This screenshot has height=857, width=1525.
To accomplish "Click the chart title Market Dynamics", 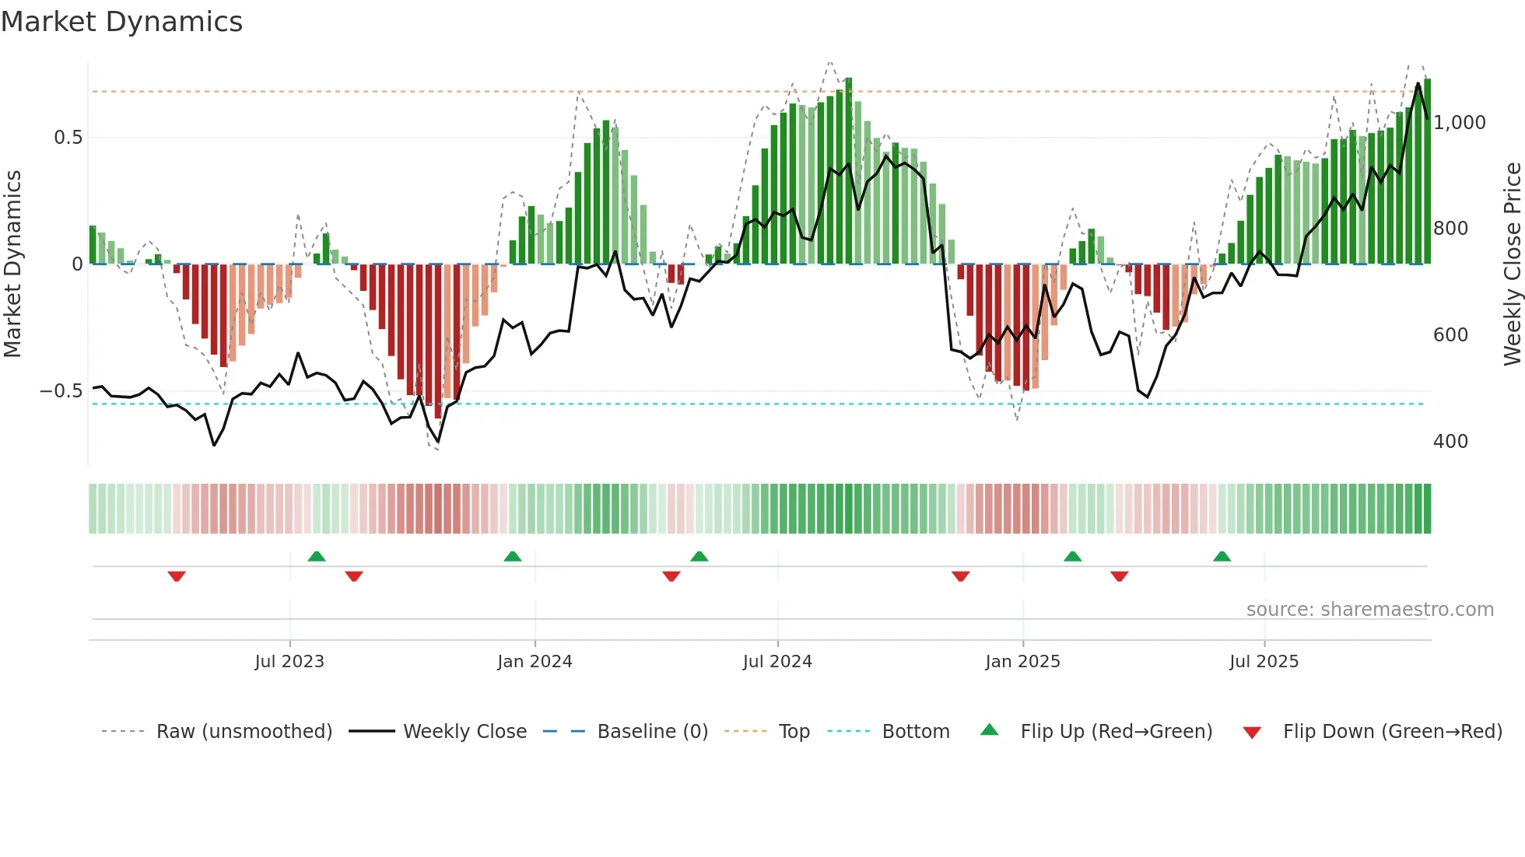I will point(122,22).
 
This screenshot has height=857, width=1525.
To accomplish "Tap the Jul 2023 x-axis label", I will point(289,662).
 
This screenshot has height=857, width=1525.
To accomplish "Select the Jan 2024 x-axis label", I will point(535,662).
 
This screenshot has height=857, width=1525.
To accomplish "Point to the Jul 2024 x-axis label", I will point(777,662).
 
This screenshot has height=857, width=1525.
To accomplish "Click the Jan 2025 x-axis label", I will point(1022,662).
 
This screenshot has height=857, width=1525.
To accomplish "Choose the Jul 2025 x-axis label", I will point(1264,662).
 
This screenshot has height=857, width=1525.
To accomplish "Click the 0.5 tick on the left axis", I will point(68,138).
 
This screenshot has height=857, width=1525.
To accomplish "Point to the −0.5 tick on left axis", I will point(61,391).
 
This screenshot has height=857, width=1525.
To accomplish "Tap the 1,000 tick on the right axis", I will point(1460,123).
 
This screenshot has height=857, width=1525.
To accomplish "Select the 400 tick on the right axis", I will point(1450,442).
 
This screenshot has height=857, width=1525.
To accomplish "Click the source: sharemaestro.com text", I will point(1369,610).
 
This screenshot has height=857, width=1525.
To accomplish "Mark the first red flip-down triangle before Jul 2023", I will point(177,576).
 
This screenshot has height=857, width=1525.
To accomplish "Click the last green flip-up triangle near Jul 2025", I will point(1222,556).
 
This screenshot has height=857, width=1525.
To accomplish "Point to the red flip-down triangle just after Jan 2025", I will point(1119,576).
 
